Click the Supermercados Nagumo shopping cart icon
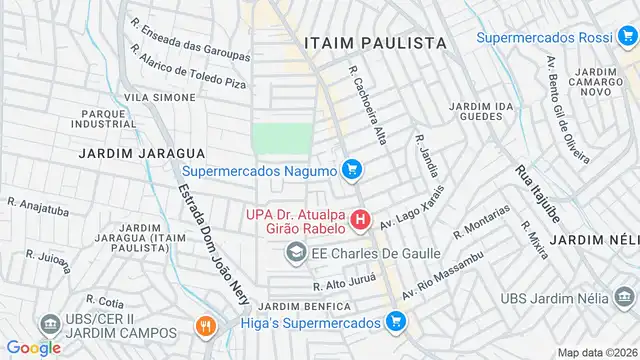(x=351, y=170)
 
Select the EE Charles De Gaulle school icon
(x=296, y=253)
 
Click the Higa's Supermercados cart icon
(x=396, y=322)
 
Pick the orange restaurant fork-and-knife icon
(x=205, y=326)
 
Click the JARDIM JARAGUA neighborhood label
(x=143, y=153)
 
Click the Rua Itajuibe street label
(x=536, y=191)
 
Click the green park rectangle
(x=276, y=141)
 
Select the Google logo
(x=33, y=347)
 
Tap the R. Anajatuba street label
(x=38, y=208)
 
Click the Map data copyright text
(x=597, y=352)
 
